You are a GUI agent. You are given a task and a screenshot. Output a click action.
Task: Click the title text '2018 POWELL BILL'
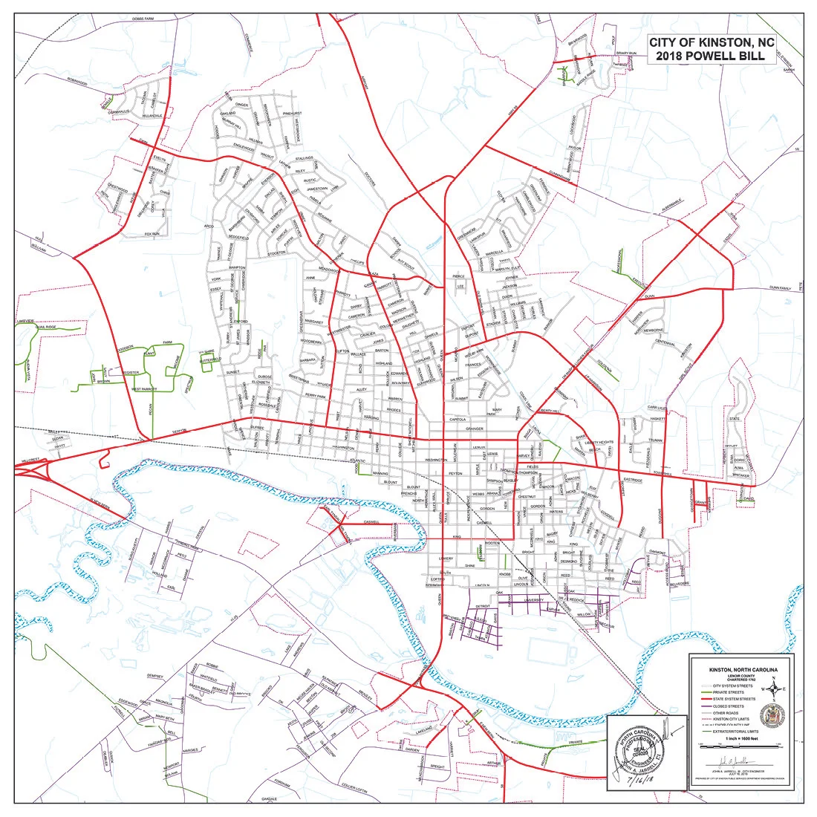[712, 56]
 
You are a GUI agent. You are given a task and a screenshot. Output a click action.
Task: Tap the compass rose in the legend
[775, 692]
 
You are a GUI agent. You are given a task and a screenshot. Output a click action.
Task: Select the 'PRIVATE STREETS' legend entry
[733, 692]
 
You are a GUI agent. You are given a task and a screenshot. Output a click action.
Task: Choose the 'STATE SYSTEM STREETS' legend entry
[735, 699]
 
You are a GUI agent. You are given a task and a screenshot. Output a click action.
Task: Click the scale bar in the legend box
[742, 746]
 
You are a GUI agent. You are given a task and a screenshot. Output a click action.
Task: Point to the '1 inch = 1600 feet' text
[742, 738]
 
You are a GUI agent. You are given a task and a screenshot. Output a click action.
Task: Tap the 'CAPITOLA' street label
[456, 419]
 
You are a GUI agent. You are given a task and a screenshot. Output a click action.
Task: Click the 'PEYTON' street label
[455, 472]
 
